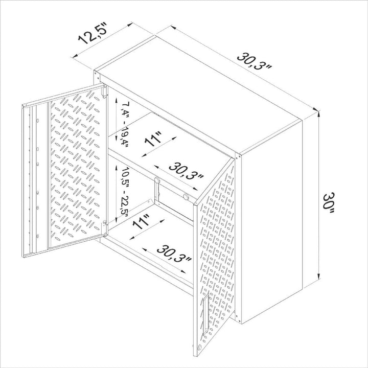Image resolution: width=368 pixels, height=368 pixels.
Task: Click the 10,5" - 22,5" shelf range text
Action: coord(123,192)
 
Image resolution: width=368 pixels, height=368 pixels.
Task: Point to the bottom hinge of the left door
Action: coord(105,223)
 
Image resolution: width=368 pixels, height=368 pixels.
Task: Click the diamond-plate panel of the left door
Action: coord(77,164)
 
